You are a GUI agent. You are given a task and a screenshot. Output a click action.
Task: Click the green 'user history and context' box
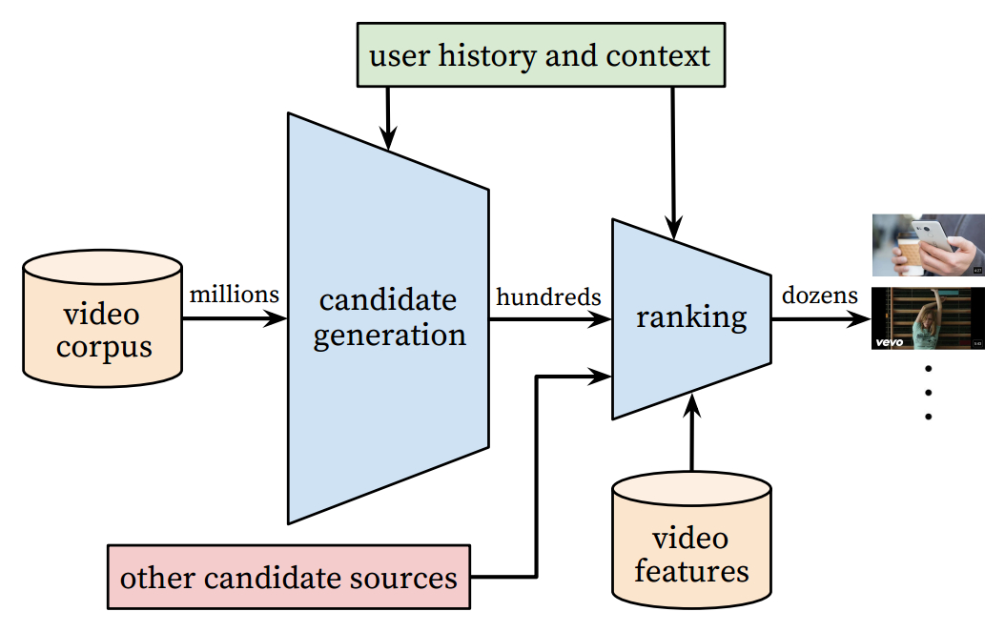click(x=540, y=55)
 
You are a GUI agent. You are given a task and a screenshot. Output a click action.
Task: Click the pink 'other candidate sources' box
click(x=289, y=578)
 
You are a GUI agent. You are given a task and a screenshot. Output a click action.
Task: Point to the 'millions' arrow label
click(x=235, y=295)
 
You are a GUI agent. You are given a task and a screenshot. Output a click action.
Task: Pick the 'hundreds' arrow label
click(x=548, y=296)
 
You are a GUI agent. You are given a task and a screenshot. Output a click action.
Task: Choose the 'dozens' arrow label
click(x=817, y=296)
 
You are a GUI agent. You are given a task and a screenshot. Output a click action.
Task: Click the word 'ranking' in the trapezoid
click(x=691, y=316)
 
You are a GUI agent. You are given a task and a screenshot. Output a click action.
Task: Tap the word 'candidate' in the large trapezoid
click(x=388, y=300)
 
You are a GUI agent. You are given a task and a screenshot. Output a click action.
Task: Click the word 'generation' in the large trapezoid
click(x=389, y=335)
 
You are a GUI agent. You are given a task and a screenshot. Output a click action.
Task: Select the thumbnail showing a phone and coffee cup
click(x=928, y=245)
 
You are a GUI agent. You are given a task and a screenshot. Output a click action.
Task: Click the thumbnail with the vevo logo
click(x=928, y=318)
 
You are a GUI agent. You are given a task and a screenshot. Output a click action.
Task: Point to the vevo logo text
click(x=890, y=340)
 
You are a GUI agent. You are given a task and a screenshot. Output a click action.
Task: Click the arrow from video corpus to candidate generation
click(x=235, y=318)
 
